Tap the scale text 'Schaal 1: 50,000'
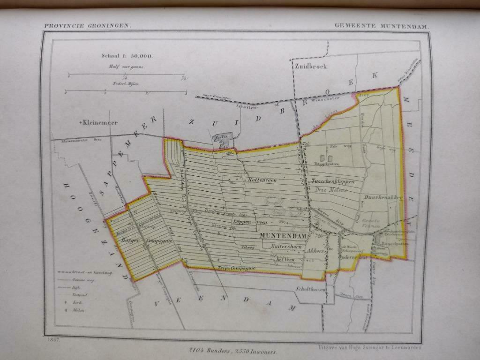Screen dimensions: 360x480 pos(127,55)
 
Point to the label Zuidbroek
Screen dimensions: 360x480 pos(311,66)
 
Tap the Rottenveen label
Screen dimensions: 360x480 pos(263,180)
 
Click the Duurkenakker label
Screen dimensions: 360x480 pos(382,198)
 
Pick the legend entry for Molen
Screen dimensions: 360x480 pos(77,310)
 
